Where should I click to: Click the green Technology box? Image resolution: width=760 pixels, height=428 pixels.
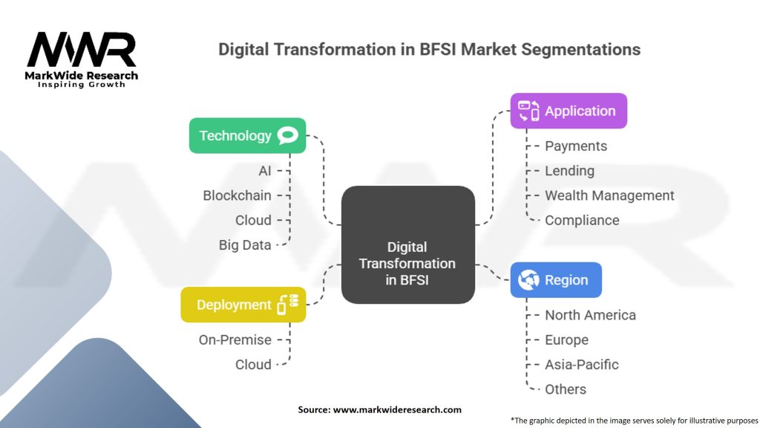pyautogui.click(x=247, y=135)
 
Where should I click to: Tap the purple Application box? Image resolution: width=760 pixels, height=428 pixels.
pyautogui.click(x=569, y=111)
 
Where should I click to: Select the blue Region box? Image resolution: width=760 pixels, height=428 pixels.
pyautogui.click(x=556, y=280)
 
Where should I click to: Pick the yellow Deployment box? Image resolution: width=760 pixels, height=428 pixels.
pyautogui.click(x=243, y=305)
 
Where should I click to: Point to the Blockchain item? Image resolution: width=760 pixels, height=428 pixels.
pyautogui.click(x=237, y=195)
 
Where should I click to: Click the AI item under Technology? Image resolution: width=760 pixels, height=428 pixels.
pyautogui.click(x=264, y=171)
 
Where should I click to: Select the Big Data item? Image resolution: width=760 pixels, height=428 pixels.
pyautogui.click(x=245, y=244)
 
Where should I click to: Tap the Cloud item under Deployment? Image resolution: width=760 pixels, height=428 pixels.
pyautogui.click(x=253, y=364)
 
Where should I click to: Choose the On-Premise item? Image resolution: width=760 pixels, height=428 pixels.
pyautogui.click(x=235, y=340)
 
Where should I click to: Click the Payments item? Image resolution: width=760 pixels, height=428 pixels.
pyautogui.click(x=576, y=146)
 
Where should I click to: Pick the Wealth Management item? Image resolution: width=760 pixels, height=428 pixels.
pyautogui.click(x=609, y=195)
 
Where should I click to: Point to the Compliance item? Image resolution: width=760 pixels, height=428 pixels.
pyautogui.click(x=582, y=220)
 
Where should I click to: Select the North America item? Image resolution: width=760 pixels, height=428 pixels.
pyautogui.click(x=590, y=315)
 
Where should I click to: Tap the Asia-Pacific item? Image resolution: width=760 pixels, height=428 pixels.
pyautogui.click(x=581, y=364)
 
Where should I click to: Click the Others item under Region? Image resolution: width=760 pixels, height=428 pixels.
pyautogui.click(x=566, y=389)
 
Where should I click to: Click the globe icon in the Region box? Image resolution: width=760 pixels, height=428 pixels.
pyautogui.click(x=528, y=280)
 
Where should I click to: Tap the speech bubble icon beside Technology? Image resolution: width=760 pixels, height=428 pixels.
pyautogui.click(x=287, y=135)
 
